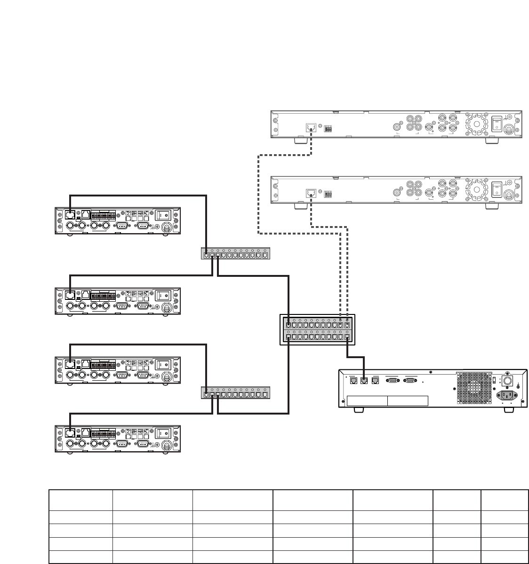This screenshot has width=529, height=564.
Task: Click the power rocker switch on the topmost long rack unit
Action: tap(496, 124)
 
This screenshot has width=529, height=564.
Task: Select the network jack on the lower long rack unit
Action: tap(311, 193)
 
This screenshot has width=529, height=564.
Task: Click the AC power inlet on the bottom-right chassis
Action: tap(508, 396)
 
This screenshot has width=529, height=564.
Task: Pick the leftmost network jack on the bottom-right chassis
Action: tap(353, 381)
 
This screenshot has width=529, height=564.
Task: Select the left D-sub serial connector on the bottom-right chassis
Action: tap(392, 381)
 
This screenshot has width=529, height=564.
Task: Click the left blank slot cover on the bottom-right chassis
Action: tap(367, 401)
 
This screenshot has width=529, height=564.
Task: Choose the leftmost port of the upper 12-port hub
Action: tap(206, 256)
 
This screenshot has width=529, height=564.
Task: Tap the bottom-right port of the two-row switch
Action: tap(347, 337)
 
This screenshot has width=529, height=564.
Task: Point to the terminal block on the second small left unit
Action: tap(103, 297)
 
